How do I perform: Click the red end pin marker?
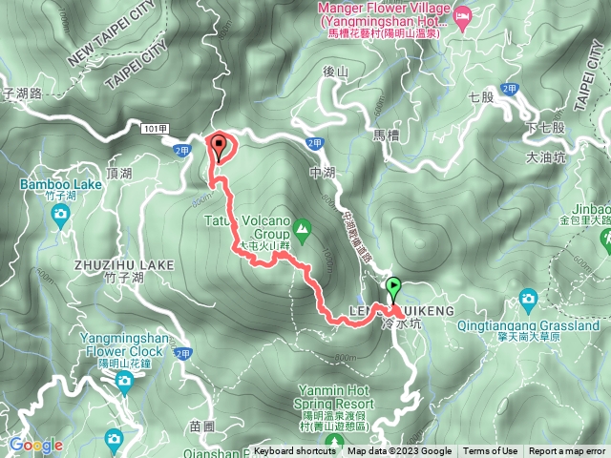(x=221, y=147)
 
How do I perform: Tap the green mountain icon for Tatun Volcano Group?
(x=302, y=227)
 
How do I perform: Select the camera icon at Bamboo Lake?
(x=61, y=216)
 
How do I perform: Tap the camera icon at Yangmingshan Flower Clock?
(x=123, y=382)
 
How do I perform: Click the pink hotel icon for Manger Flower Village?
(x=463, y=14)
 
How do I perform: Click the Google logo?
(x=35, y=445)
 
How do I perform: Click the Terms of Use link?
(x=491, y=451)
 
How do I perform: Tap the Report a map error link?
(x=567, y=451)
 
